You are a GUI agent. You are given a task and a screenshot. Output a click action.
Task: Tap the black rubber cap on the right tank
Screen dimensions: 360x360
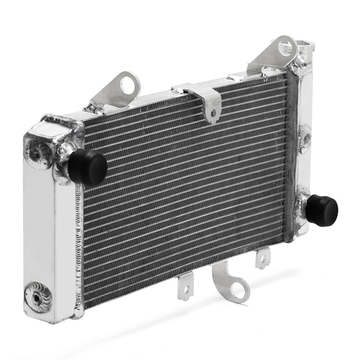point(322,210)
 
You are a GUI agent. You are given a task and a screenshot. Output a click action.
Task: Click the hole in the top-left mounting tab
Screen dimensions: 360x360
point(128,85)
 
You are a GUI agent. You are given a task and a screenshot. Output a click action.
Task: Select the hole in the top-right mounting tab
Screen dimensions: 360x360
point(287,47)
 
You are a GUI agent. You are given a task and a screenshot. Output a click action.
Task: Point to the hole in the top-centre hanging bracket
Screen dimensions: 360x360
point(213,113)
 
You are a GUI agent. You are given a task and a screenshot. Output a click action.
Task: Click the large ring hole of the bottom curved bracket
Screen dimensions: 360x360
point(238,289)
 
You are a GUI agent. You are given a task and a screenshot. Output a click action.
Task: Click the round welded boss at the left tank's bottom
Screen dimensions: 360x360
point(38,297)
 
